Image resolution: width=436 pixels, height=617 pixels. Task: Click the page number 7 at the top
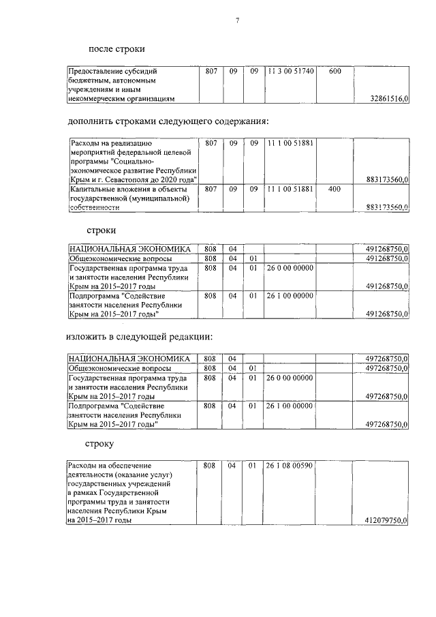237,20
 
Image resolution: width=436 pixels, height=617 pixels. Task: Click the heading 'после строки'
116,48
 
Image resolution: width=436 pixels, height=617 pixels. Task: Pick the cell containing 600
334,71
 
